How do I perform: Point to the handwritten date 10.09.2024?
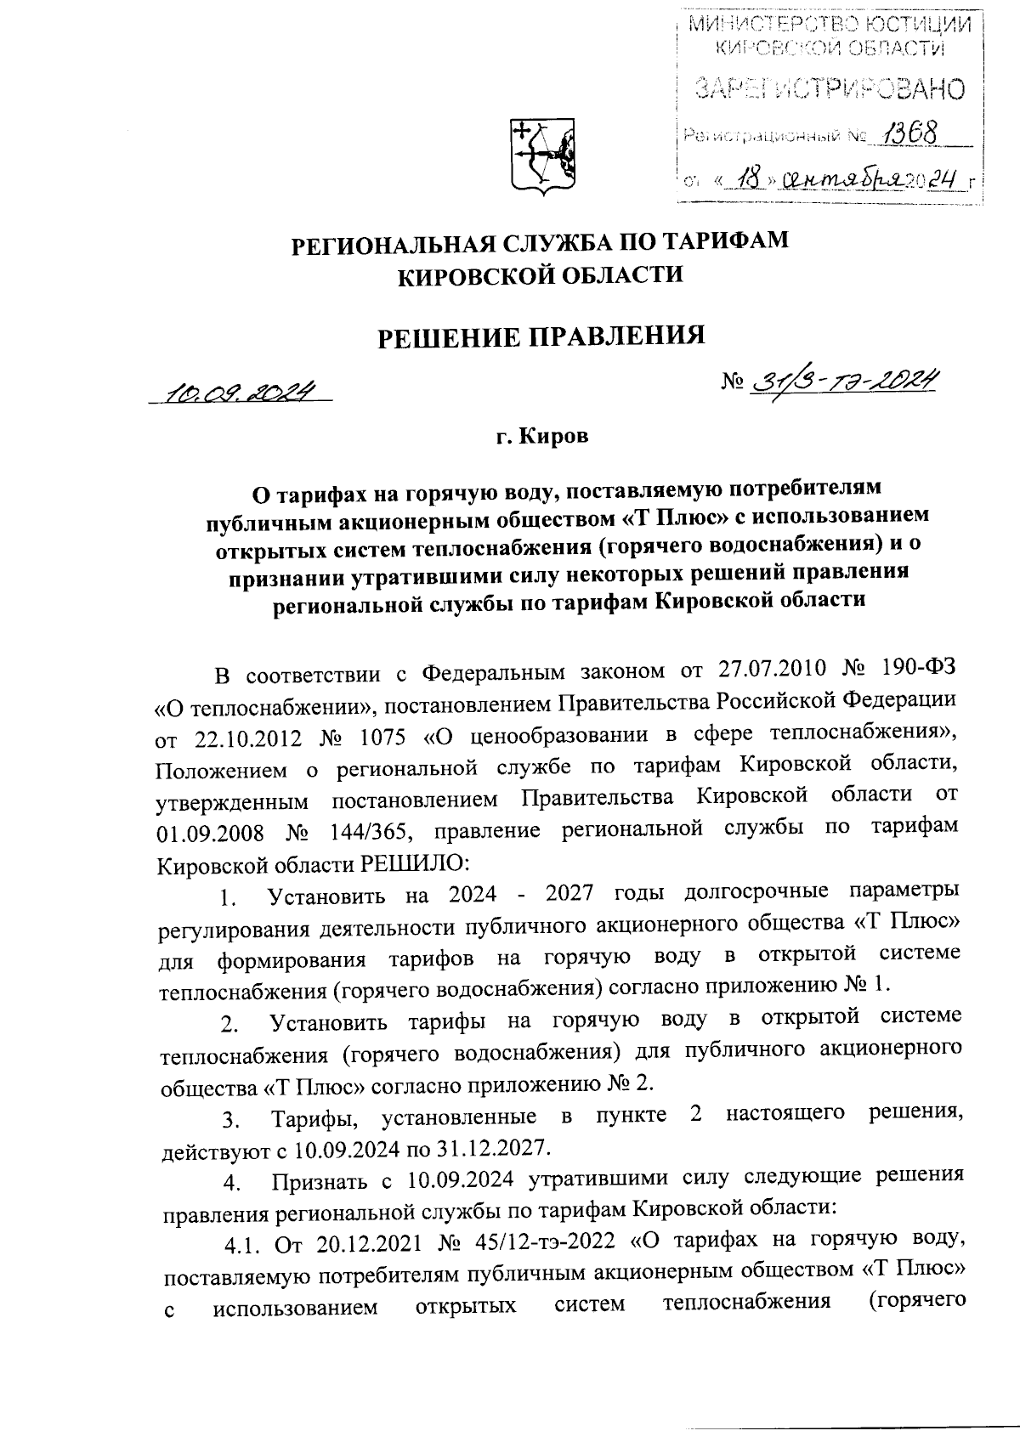(x=240, y=392)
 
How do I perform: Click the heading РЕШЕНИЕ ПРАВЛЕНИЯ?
(x=541, y=336)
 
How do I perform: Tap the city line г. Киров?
(x=541, y=438)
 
